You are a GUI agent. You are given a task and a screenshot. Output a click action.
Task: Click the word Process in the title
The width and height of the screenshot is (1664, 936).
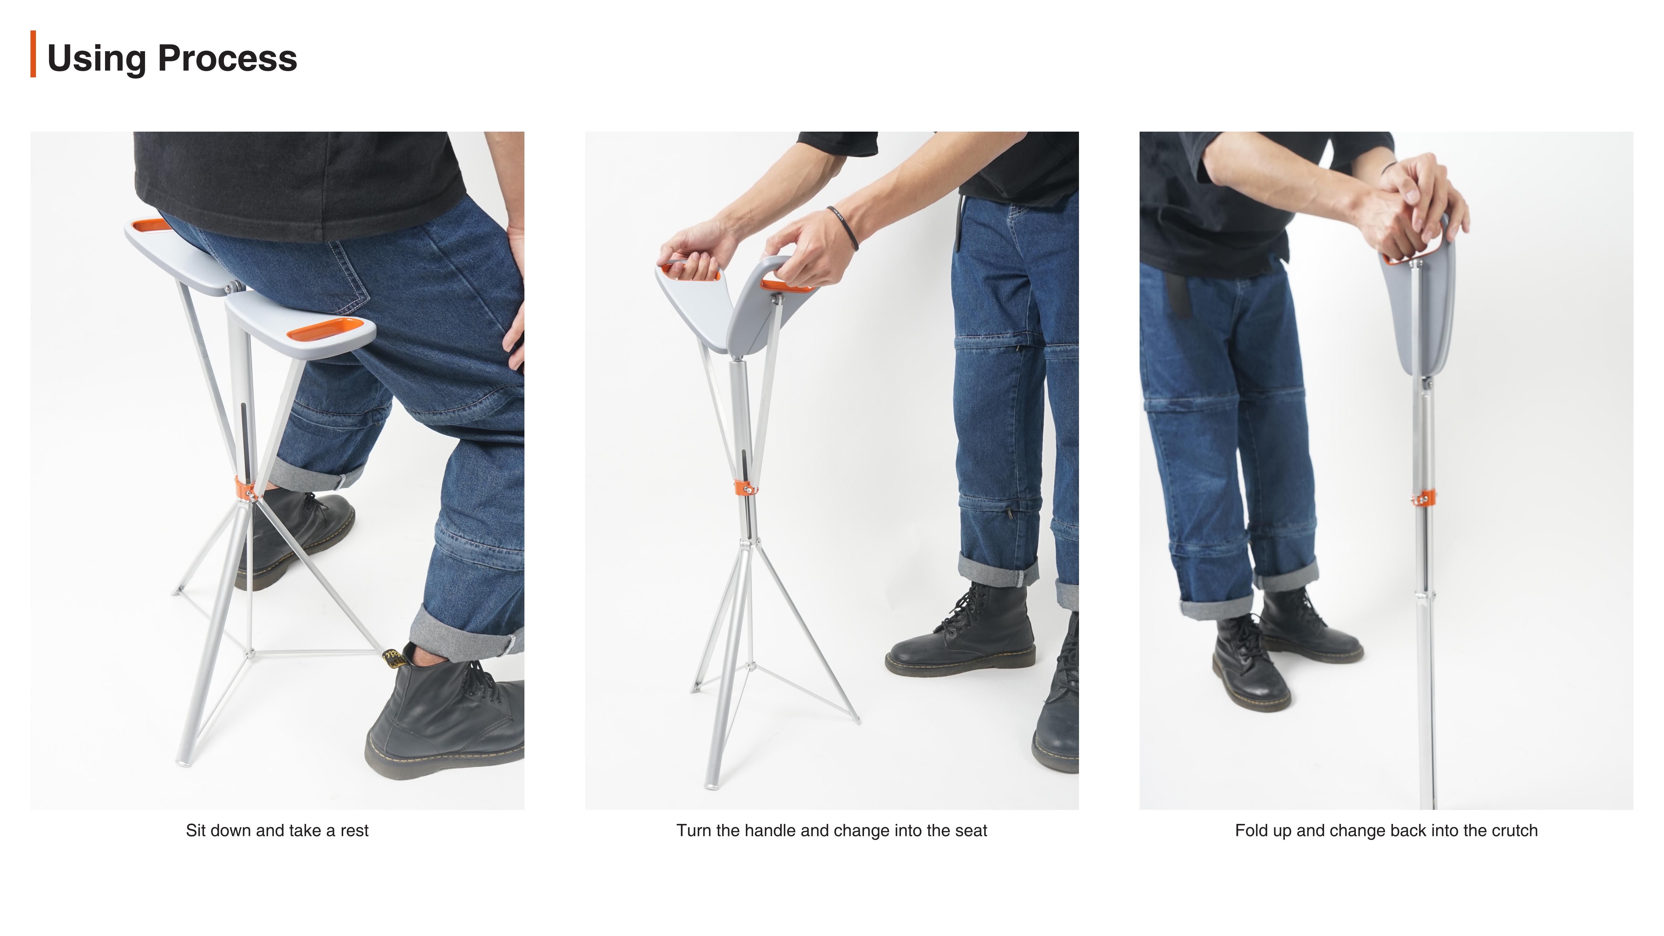(x=227, y=59)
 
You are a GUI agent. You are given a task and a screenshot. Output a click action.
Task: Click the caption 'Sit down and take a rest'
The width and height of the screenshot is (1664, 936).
(x=277, y=831)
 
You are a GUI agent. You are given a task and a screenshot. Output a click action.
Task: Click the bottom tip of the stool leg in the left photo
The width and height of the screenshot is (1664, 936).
(x=184, y=763)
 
